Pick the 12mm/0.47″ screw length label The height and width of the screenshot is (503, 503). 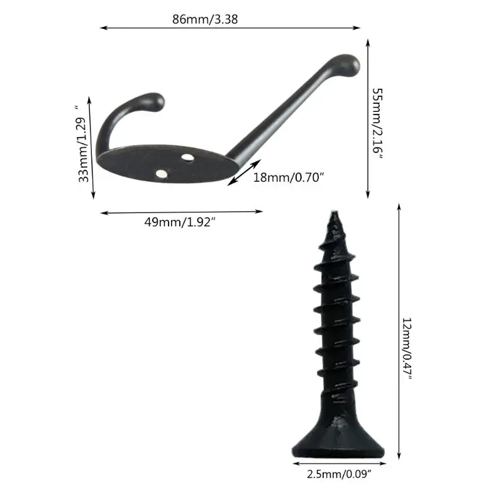[x=407, y=347]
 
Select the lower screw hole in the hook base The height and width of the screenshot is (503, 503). [x=163, y=173]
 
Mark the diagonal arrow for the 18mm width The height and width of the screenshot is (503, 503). [x=244, y=172]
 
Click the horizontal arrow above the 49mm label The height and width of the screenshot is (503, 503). [x=182, y=212]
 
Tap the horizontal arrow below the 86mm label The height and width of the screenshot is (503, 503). [x=230, y=28]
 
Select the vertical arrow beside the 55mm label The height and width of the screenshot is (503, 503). [x=367, y=119]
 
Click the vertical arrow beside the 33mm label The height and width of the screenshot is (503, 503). [x=92, y=148]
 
